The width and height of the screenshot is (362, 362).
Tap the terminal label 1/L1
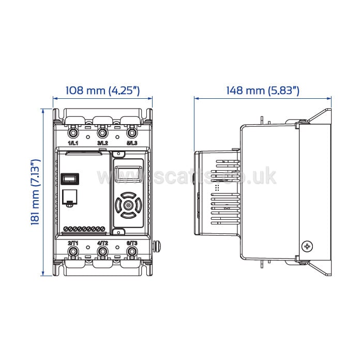(73, 143)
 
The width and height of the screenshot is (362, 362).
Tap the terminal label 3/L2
(102, 143)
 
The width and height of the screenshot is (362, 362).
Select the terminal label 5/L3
(131, 143)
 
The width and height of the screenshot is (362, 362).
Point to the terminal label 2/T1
(73, 243)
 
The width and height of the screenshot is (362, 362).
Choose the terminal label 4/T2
(102, 243)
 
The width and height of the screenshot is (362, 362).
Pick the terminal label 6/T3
(132, 243)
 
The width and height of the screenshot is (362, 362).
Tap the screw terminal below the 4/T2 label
(103, 252)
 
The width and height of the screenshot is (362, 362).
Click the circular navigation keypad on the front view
(127, 205)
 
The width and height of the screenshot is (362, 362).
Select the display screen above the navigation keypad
(127, 174)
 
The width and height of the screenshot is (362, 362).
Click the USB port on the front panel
(69, 179)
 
